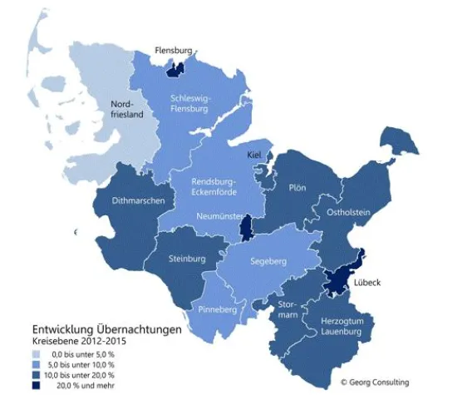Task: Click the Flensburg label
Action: pyautogui.click(x=174, y=51)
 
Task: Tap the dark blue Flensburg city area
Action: pyautogui.click(x=175, y=70)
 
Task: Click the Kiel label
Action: pyautogui.click(x=256, y=156)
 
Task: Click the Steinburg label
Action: pyautogui.click(x=187, y=259)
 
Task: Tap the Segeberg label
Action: pyautogui.click(x=267, y=262)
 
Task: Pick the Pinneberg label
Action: pyautogui.click(x=218, y=310)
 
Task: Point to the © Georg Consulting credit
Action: pyautogui.click(x=375, y=383)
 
